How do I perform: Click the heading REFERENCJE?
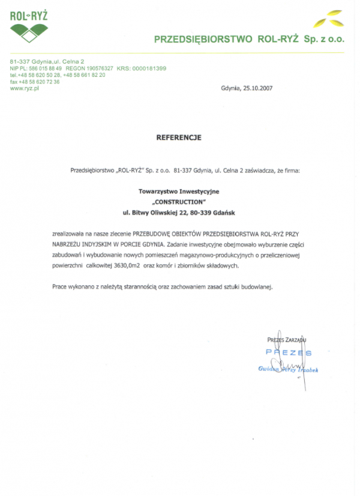click(179, 138)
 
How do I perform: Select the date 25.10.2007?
click(257, 88)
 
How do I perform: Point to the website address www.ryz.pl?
click(24, 88)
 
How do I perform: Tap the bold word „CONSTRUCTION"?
click(179, 201)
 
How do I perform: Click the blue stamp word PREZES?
click(289, 352)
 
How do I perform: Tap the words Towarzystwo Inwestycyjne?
click(179, 190)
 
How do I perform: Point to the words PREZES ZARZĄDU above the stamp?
click(287, 340)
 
